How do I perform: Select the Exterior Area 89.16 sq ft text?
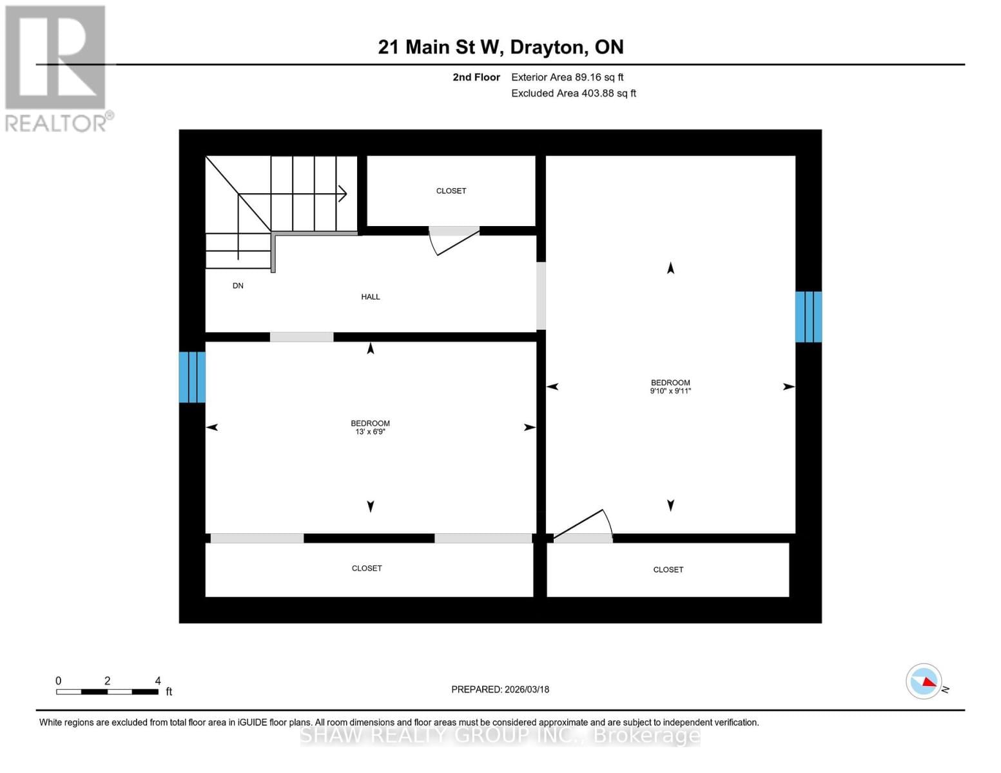coord(567,77)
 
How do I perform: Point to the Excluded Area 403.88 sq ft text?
coord(574,93)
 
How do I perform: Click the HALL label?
coord(370,297)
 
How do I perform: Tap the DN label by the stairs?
coord(238,286)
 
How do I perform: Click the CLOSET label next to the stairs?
coord(451,191)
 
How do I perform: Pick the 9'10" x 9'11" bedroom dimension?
coord(670,391)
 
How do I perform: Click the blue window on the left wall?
coord(192,377)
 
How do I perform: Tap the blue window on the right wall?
coord(808,317)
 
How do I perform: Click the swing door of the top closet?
coord(455,242)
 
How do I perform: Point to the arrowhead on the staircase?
coord(343,193)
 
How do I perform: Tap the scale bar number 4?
coord(158,681)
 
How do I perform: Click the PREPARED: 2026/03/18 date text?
coord(500,690)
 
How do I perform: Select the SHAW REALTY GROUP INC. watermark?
coord(500,736)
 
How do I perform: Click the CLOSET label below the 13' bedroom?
coord(367,569)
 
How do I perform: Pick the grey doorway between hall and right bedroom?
coord(541,296)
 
